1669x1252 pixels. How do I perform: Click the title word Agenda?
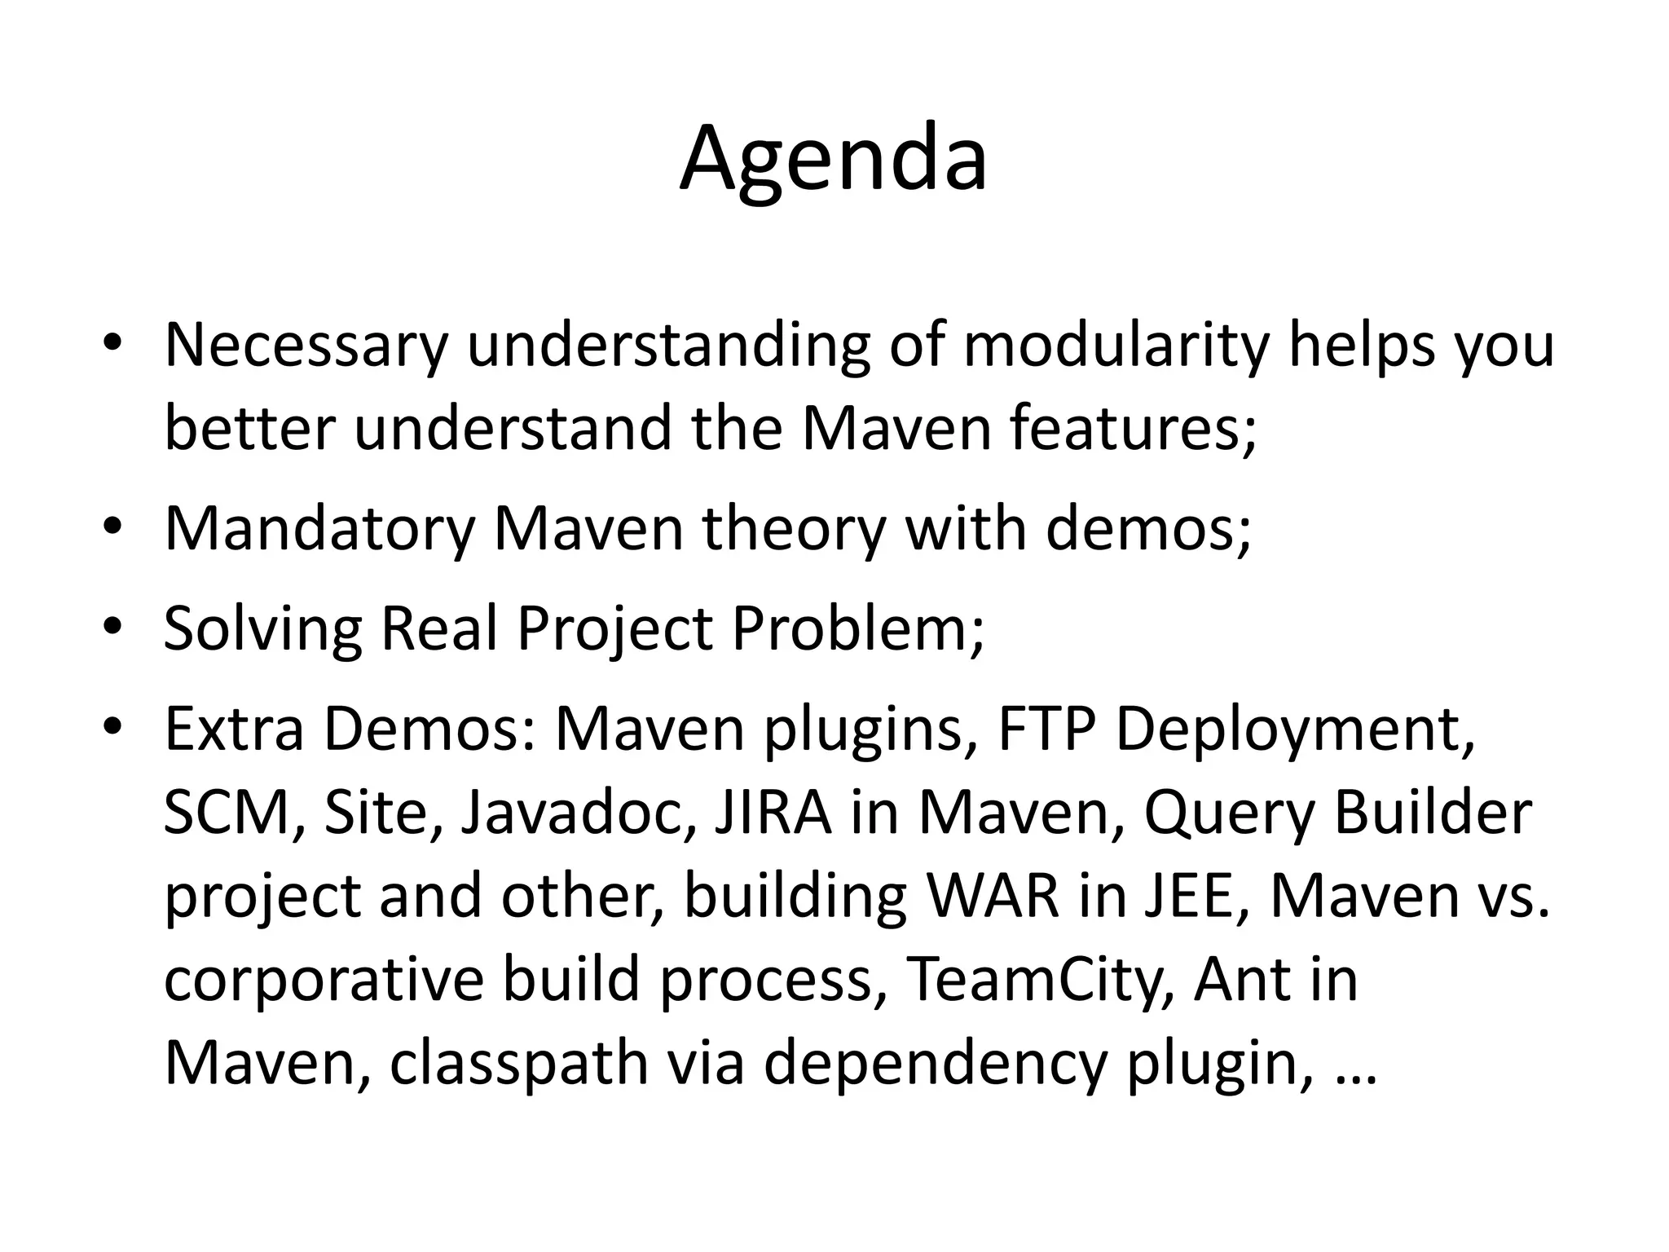[x=833, y=160]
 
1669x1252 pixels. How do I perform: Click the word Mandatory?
[x=319, y=530]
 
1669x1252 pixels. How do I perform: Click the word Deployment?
[x=1295, y=730]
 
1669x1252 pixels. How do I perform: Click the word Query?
[x=1230, y=815]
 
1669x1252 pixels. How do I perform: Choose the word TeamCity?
[x=1040, y=980]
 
